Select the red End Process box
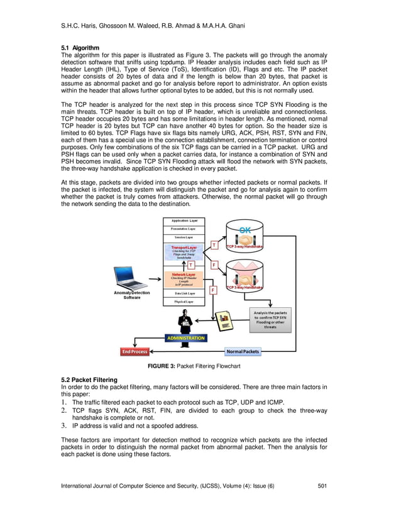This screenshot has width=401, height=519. (x=135, y=351)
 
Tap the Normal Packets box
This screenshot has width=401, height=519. (x=243, y=351)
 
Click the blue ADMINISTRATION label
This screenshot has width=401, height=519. (x=185, y=338)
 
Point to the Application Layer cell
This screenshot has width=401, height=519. (x=184, y=221)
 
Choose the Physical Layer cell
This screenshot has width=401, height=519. (x=184, y=302)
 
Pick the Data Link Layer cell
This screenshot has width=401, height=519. (x=184, y=293)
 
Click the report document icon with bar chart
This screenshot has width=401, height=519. (x=226, y=320)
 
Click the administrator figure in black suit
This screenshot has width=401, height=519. (x=185, y=322)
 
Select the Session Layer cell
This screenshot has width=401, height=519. (x=184, y=238)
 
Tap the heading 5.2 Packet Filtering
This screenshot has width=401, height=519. (x=89, y=380)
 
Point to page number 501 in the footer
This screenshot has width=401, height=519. (x=322, y=486)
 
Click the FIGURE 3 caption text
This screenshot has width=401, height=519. (x=194, y=366)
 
